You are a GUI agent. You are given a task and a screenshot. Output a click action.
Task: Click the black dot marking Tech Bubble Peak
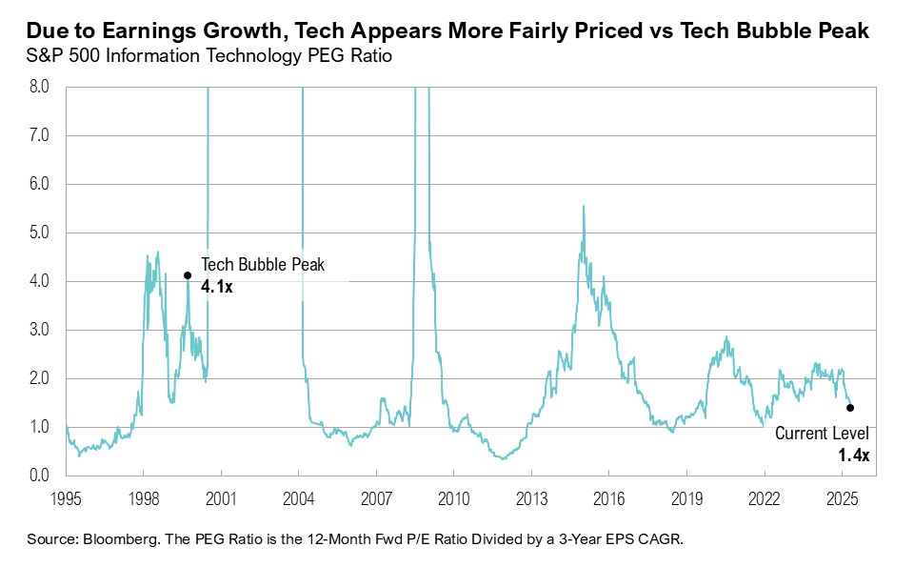point(188,274)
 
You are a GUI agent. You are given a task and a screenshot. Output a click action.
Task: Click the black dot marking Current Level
point(849,407)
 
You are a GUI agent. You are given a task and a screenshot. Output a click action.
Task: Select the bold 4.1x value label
point(217,284)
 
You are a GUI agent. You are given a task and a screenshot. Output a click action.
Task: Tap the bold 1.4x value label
point(854,456)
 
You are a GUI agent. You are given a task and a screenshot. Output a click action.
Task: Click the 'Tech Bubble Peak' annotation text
point(263,265)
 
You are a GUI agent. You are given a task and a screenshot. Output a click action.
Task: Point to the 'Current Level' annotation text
point(822,434)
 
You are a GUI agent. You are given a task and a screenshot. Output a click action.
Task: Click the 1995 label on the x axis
point(66,497)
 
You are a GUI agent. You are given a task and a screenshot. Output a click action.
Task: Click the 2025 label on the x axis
point(842,497)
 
